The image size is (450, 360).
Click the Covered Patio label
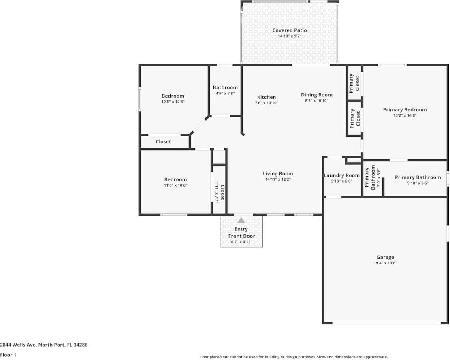tap(289, 30)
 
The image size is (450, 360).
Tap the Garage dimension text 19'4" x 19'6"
tap(385, 263)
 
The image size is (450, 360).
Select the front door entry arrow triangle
tap(241, 220)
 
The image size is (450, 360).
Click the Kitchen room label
tap(267, 97)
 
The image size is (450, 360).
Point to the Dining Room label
tap(316, 95)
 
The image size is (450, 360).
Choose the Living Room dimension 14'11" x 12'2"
tap(277, 179)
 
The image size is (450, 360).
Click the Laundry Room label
tap(341, 175)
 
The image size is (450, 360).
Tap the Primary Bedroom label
tap(405, 110)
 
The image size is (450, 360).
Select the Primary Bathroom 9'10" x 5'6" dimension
tap(418, 183)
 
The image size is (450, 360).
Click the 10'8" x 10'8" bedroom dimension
tap(173, 102)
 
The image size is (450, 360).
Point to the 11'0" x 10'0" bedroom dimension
tap(175, 185)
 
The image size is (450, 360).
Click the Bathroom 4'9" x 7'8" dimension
tap(225, 94)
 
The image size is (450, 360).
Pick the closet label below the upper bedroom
tap(163, 142)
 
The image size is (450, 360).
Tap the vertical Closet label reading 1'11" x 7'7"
tap(219, 192)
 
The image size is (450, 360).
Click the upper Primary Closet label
tap(354, 82)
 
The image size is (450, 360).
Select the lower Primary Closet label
tap(355, 118)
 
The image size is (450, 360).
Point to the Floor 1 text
tap(9, 355)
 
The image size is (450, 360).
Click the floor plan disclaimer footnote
tap(293, 357)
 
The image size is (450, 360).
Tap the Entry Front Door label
tap(241, 233)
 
